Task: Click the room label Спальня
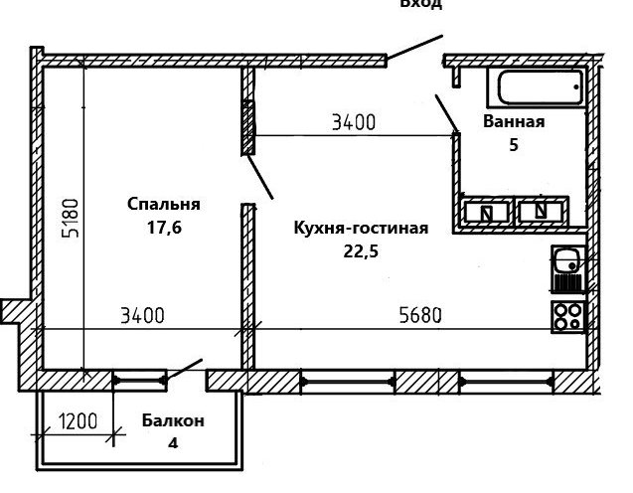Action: click(x=164, y=204)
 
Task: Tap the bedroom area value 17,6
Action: click(x=164, y=228)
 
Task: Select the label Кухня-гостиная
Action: click(x=361, y=229)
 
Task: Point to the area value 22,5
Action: click(x=361, y=251)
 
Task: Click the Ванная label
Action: click(x=514, y=122)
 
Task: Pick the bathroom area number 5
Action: click(x=514, y=145)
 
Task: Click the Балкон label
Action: click(x=173, y=420)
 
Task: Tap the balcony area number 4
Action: click(x=173, y=443)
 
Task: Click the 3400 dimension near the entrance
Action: click(x=353, y=123)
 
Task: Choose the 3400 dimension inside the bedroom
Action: click(x=141, y=317)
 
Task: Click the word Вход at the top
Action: click(x=420, y=5)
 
